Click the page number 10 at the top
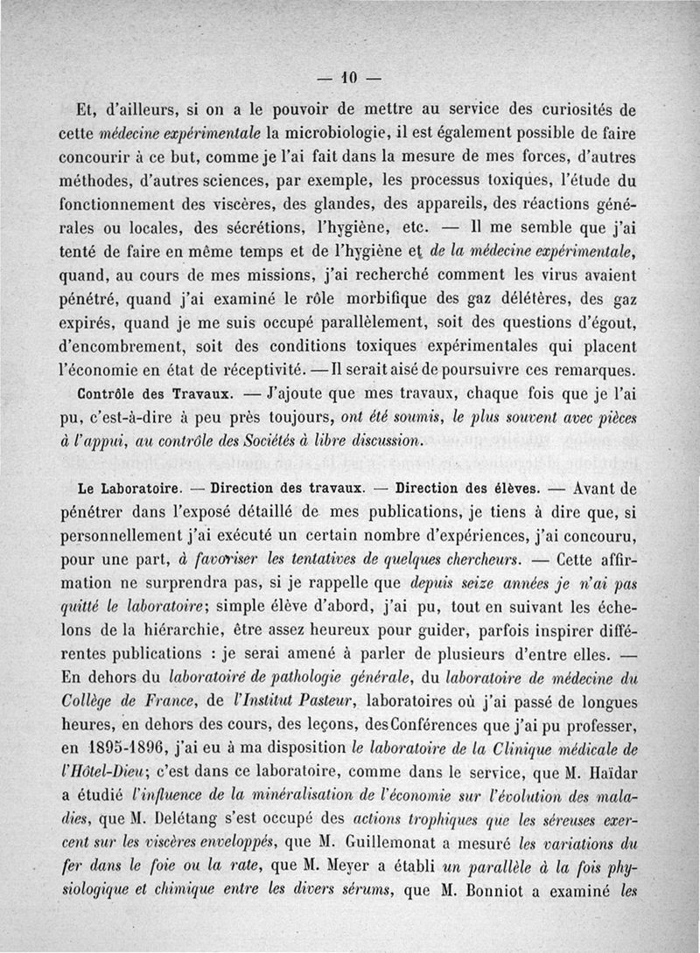[x=350, y=77]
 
